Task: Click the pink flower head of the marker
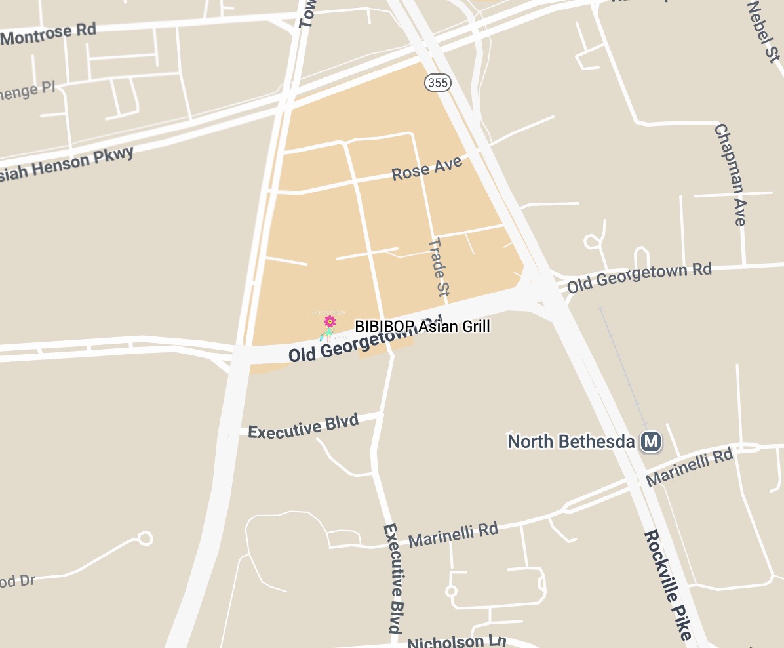click(330, 321)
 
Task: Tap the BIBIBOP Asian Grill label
click(422, 327)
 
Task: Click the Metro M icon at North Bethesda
click(650, 441)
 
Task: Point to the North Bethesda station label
click(571, 441)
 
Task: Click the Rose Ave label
click(427, 169)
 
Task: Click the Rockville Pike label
click(667, 585)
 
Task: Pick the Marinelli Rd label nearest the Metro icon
click(688, 467)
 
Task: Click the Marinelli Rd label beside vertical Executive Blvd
click(452, 535)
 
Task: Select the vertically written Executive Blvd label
click(393, 577)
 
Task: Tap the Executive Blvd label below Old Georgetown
click(303, 426)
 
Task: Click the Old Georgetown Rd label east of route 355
click(639, 278)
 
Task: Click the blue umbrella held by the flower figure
click(322, 337)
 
